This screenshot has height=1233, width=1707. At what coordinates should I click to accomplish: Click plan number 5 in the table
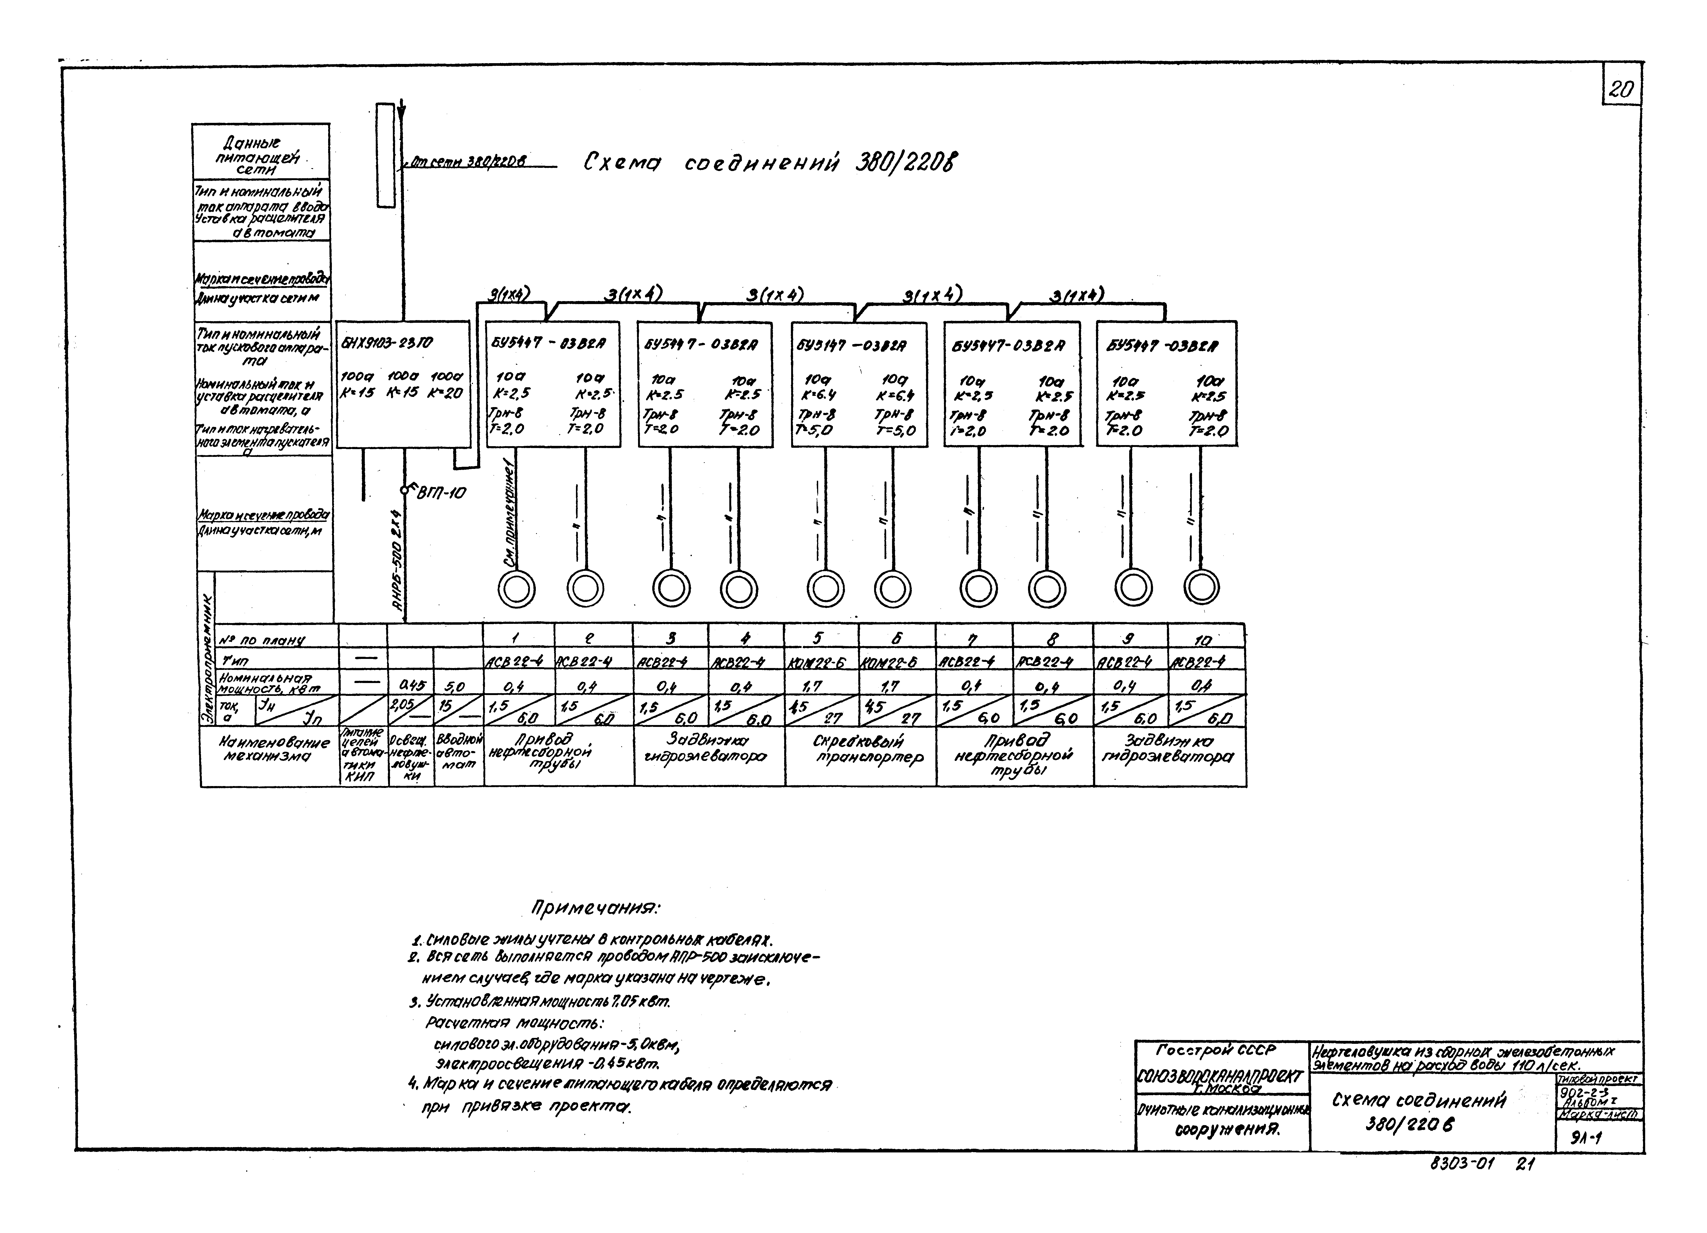(819, 638)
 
